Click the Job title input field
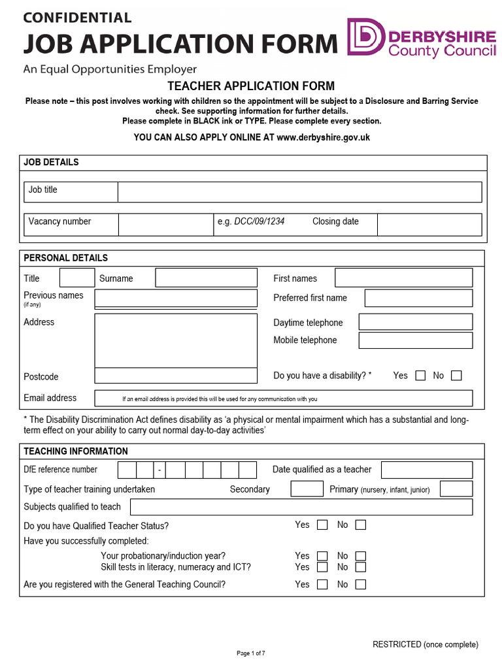point(299,192)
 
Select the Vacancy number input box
point(165,224)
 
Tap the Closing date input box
point(429,224)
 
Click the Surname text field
point(206,278)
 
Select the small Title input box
point(77,278)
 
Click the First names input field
point(403,278)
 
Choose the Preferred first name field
point(418,298)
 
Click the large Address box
point(176,340)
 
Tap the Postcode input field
point(176,376)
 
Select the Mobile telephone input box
point(415,340)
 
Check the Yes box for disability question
point(420,376)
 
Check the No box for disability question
point(456,376)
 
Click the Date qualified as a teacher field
point(426,470)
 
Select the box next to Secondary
point(307,489)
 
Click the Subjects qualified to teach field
point(301,507)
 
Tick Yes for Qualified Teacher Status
point(322,525)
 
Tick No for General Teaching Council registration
point(360,585)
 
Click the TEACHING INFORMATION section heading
point(76,451)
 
